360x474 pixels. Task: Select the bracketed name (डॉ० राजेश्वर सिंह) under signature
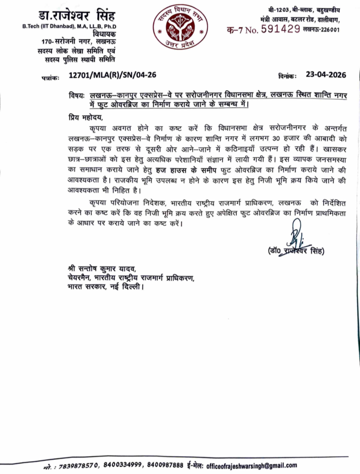point(296,250)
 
